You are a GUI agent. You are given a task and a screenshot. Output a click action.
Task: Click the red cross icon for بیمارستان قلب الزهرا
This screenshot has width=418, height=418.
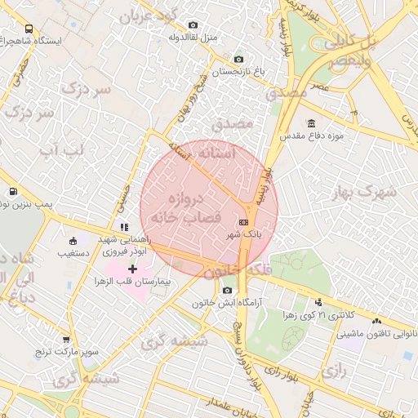click(x=133, y=269)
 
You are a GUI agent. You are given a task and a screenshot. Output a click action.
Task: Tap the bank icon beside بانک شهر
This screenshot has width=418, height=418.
click(x=243, y=222)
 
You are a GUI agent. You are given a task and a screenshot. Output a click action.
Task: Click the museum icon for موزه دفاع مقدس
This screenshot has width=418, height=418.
click(x=287, y=122)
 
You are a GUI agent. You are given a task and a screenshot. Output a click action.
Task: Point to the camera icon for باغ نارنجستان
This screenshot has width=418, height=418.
click(x=238, y=59)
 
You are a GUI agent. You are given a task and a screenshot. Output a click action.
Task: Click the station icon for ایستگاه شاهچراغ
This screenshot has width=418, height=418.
click(x=7, y=39)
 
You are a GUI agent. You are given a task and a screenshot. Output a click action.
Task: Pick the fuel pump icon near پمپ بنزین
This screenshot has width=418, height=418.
click(x=13, y=193)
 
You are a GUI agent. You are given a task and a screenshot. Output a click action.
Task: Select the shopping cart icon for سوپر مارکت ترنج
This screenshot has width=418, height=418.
click(x=65, y=340)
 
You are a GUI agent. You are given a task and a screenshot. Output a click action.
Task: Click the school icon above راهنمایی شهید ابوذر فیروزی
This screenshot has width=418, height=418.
click(x=122, y=227)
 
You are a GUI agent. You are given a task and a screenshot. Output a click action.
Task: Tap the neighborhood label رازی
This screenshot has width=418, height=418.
click(x=335, y=371)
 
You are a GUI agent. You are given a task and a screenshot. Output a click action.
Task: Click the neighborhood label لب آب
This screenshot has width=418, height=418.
click(x=61, y=150)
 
